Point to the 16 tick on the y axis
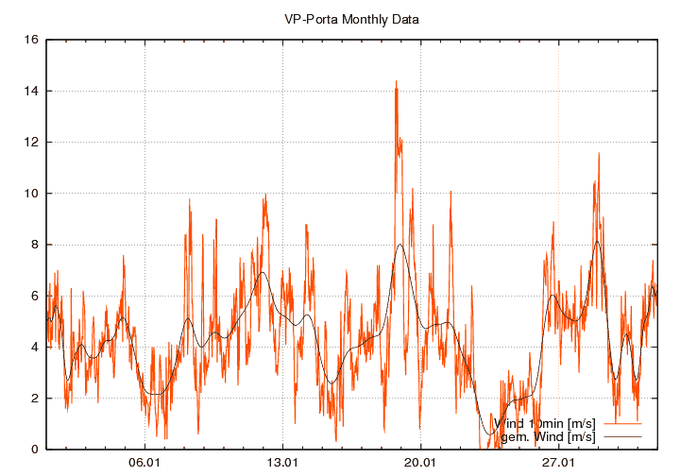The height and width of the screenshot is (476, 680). coord(31,41)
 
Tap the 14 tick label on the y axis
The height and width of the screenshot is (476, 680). coord(31,92)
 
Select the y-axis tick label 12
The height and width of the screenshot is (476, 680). coord(31,143)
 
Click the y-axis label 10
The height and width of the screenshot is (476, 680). coord(31,194)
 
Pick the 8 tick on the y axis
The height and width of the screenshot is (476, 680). coord(34,245)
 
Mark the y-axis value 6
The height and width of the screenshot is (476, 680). coord(34,296)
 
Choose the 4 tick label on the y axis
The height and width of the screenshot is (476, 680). coord(34,347)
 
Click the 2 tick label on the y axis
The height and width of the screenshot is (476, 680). coord(34,399)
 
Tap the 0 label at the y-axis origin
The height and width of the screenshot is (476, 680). coord(34,450)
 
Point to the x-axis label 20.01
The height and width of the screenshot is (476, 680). coord(420,464)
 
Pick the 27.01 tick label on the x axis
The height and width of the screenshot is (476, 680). coord(558,464)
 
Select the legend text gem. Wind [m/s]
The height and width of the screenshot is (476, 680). coord(548,437)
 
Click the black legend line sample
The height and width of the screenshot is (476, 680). coord(621,437)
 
